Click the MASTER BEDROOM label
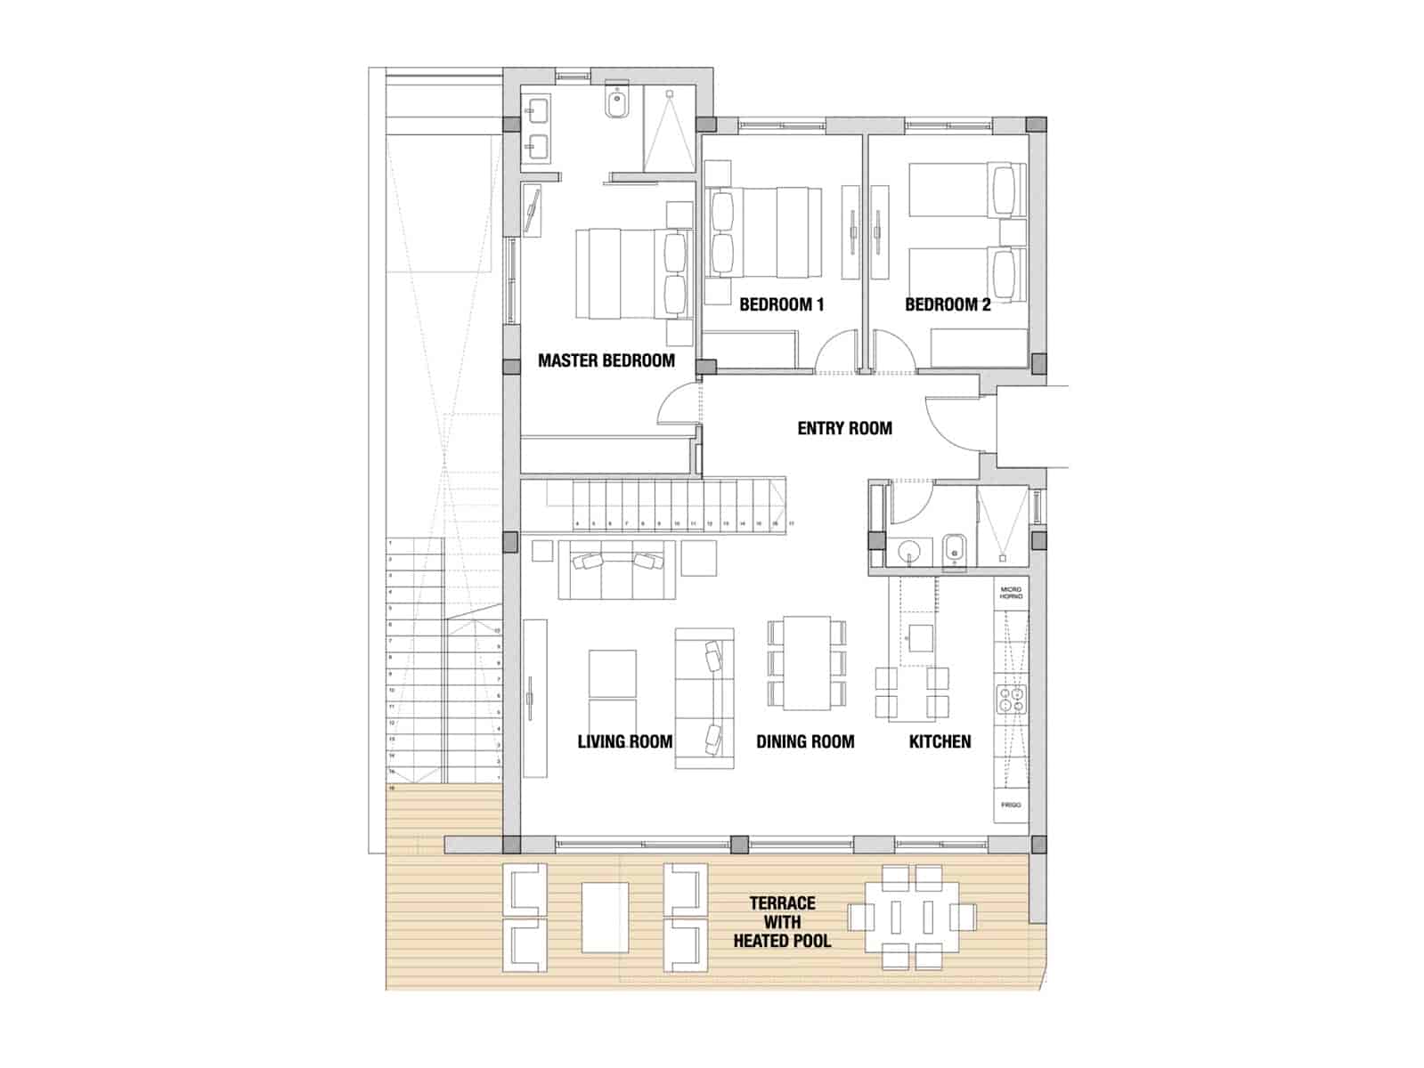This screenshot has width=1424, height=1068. [606, 360]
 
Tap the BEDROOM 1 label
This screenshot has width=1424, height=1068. [781, 304]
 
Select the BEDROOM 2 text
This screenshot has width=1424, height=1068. [947, 304]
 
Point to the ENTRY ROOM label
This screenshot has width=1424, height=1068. [844, 428]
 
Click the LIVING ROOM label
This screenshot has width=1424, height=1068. [624, 741]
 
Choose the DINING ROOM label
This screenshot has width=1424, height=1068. [805, 741]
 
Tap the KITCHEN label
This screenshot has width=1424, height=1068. [940, 741]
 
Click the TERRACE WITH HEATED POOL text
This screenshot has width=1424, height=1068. [781, 922]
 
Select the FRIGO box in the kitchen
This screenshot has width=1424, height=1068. [1011, 805]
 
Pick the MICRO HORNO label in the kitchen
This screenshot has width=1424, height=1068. [1011, 593]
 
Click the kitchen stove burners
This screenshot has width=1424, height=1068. [1012, 699]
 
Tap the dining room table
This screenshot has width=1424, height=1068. [806, 662]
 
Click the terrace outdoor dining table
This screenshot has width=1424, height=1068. [911, 917]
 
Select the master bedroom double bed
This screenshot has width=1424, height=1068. [628, 273]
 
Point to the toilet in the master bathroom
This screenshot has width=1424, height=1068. [617, 104]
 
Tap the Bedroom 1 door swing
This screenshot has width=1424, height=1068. [837, 352]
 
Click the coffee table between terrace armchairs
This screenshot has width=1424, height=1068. [605, 917]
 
